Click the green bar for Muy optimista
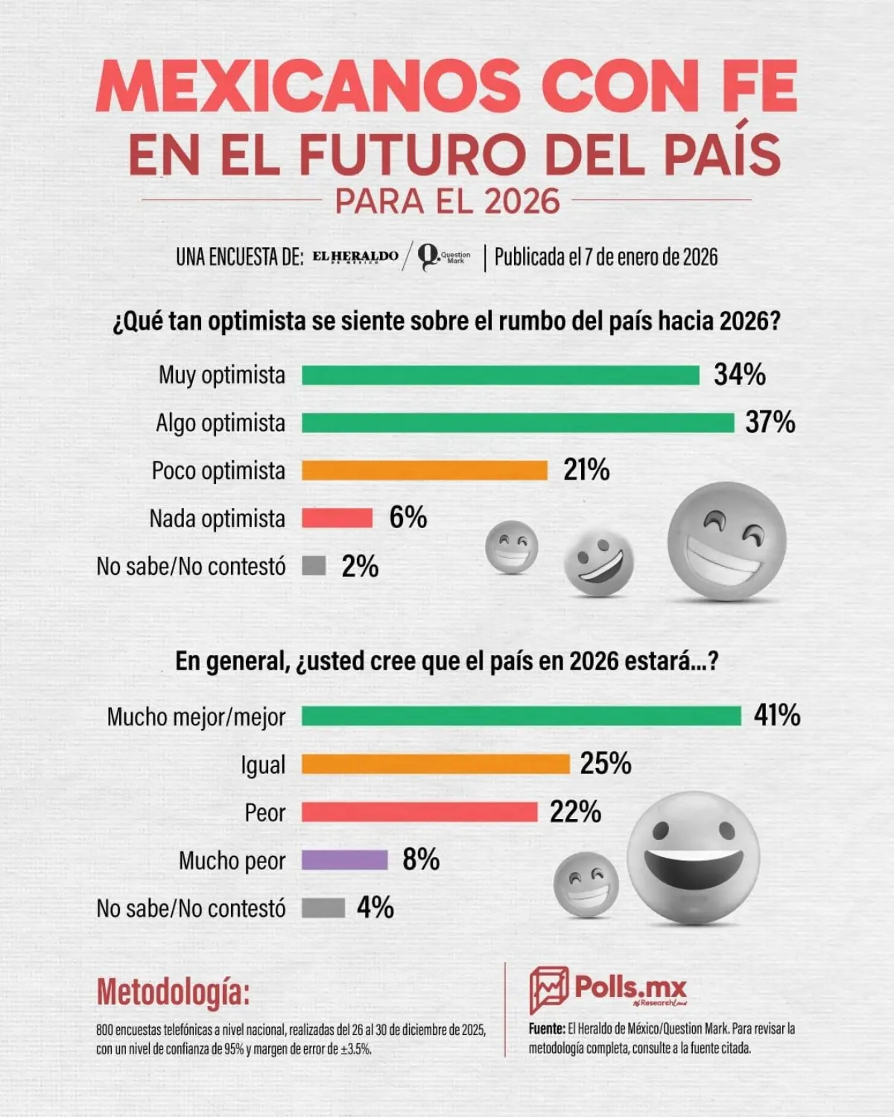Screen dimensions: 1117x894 click(500, 375)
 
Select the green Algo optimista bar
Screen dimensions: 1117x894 click(518, 423)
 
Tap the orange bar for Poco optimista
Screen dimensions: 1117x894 click(425, 471)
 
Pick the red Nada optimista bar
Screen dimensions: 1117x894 click(337, 518)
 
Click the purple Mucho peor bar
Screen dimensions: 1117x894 click(345, 860)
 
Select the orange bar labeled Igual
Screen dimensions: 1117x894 click(436, 764)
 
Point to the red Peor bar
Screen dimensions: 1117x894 click(419, 812)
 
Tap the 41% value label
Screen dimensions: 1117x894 click(777, 716)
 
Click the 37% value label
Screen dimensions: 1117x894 click(770, 422)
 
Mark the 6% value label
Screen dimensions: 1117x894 click(408, 518)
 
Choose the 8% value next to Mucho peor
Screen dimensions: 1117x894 click(421, 859)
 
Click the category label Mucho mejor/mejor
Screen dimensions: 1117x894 click(197, 717)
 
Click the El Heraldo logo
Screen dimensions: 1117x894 click(355, 257)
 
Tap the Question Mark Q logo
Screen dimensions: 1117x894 click(429, 257)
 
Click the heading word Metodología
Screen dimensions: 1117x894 click(173, 992)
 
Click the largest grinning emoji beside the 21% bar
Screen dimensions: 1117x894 click(726, 541)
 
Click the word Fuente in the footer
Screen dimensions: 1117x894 click(546, 1029)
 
